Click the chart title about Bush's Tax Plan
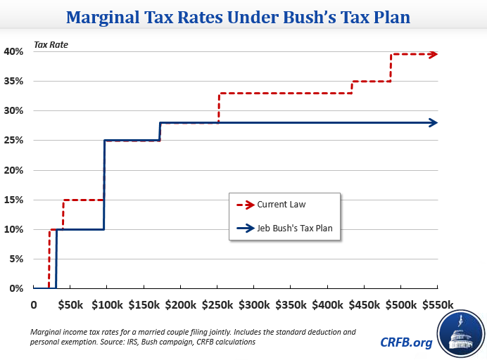point(243,16)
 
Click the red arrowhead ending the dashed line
point(434,54)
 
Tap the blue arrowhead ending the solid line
point(434,122)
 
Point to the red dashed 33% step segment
point(285,93)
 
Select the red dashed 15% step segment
point(84,200)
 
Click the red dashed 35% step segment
point(371,82)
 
